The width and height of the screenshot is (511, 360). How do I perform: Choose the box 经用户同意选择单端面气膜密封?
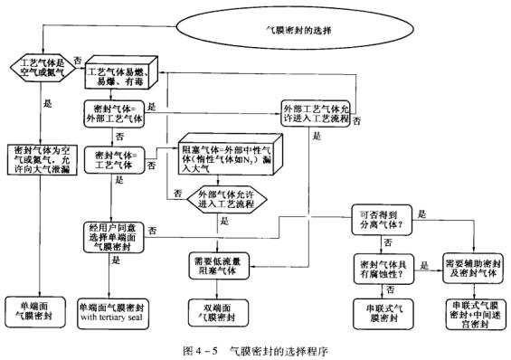click(x=114, y=236)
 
